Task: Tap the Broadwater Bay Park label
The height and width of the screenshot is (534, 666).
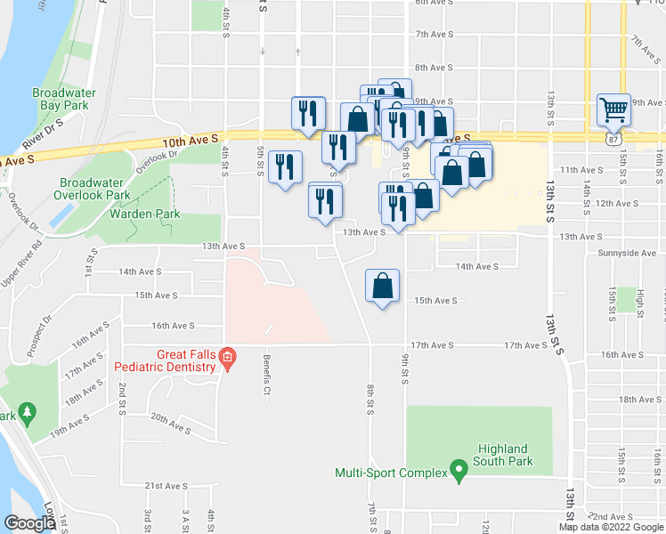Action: (60, 98)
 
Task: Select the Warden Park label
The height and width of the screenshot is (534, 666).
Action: (145, 214)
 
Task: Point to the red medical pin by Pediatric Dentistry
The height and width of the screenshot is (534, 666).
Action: (227, 359)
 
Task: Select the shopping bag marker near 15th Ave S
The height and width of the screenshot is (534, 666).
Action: (383, 287)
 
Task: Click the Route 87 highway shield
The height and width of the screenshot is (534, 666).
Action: (612, 140)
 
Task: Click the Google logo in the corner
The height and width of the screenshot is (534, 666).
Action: (29, 522)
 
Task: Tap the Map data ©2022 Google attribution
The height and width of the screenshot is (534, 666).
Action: (611, 527)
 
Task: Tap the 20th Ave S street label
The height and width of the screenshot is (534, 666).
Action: (171, 423)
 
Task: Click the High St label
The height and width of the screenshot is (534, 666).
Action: (640, 302)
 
